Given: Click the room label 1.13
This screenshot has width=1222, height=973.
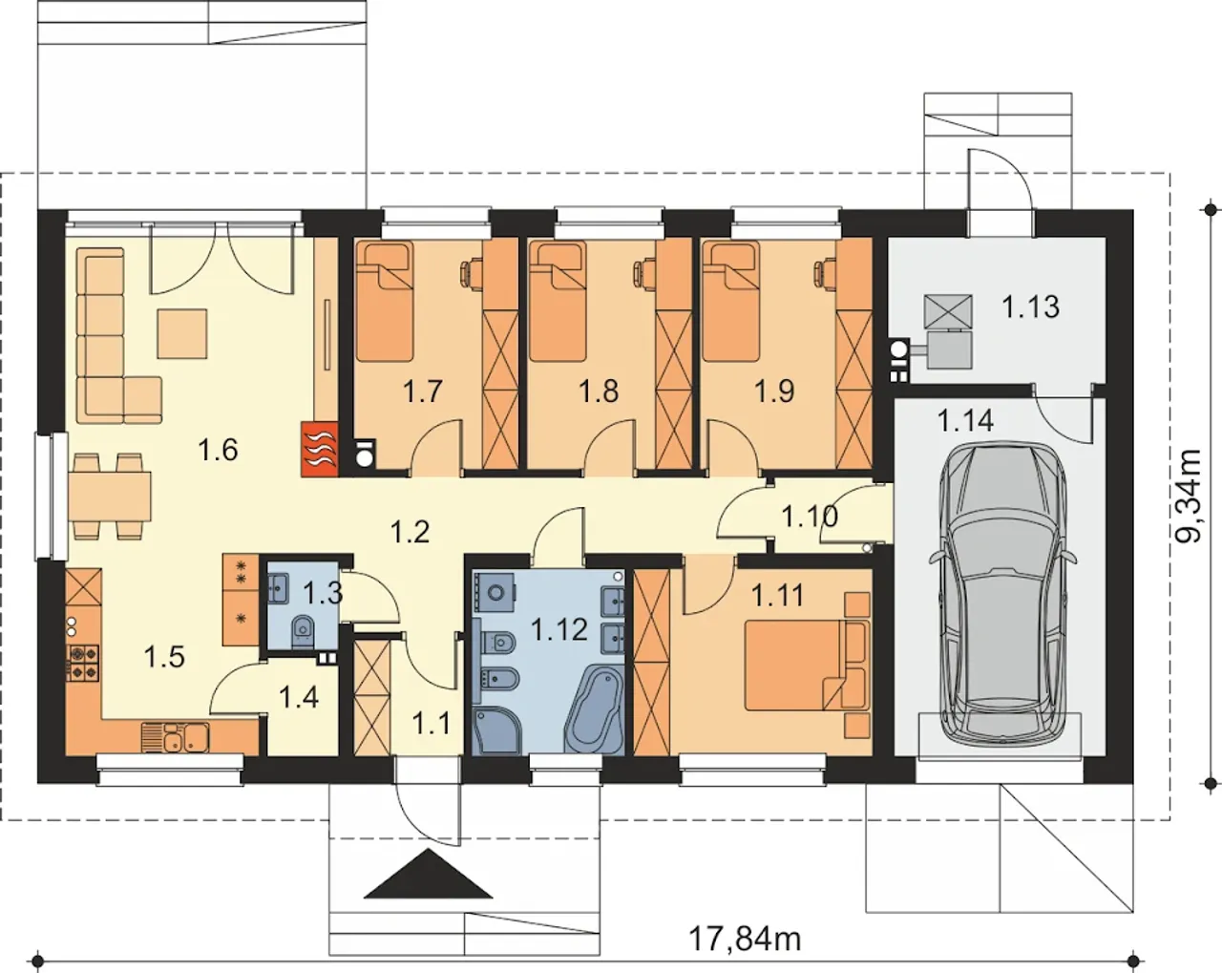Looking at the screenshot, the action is pyautogui.click(x=1031, y=307).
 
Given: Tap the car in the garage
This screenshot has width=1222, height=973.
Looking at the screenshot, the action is pyautogui.click(x=1001, y=593).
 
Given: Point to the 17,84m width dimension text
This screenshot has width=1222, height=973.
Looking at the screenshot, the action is pyautogui.click(x=745, y=939).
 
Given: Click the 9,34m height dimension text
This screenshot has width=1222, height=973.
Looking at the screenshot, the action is pyautogui.click(x=1188, y=497).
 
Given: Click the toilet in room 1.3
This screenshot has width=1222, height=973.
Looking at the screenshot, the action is pyautogui.click(x=304, y=630).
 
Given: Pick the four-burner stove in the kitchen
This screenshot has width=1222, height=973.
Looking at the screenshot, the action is pyautogui.click(x=83, y=663).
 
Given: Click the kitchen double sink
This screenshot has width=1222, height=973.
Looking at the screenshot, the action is pyautogui.click(x=176, y=737).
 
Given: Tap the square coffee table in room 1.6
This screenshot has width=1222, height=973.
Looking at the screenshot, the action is pyautogui.click(x=182, y=333).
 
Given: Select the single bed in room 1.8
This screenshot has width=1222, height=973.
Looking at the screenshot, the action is pyautogui.click(x=557, y=301).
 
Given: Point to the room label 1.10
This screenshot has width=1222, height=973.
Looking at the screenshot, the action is pyautogui.click(x=810, y=517).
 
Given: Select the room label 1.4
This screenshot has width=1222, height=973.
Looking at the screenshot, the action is pyautogui.click(x=299, y=697).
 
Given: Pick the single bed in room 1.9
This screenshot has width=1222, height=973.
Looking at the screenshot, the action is pyautogui.click(x=731, y=301).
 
